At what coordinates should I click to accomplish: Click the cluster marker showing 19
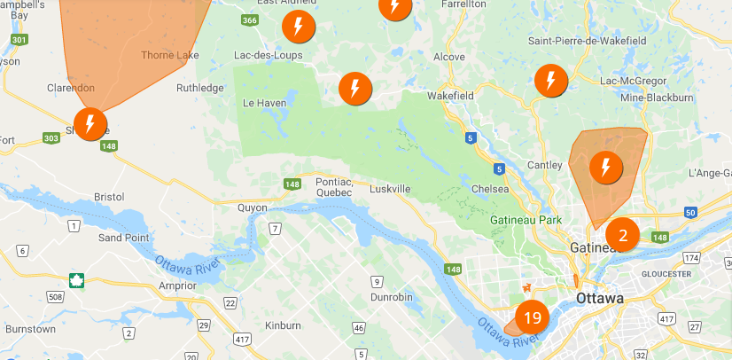(x=532, y=317)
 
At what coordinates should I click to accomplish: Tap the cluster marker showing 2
(x=622, y=235)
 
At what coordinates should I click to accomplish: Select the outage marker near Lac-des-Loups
(x=298, y=27)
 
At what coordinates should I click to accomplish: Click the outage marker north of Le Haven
(x=355, y=88)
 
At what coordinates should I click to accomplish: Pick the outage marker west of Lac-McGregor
(x=550, y=82)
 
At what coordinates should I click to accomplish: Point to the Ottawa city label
(x=600, y=298)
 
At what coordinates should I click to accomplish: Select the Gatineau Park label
(x=527, y=219)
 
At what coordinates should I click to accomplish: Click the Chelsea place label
(x=490, y=189)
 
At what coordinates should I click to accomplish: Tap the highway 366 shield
(x=251, y=20)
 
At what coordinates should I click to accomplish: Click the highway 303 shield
(x=51, y=138)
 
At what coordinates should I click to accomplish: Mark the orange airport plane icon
(x=528, y=287)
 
